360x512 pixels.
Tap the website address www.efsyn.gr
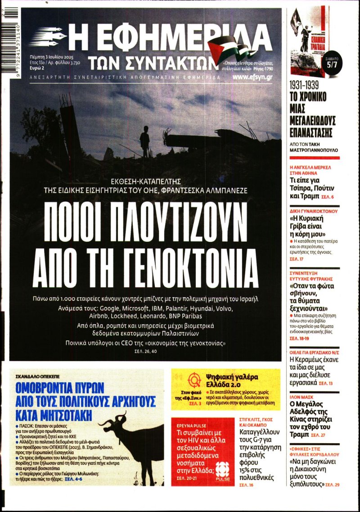252,77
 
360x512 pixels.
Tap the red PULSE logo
222,473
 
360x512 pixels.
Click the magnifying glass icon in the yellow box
194,381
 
